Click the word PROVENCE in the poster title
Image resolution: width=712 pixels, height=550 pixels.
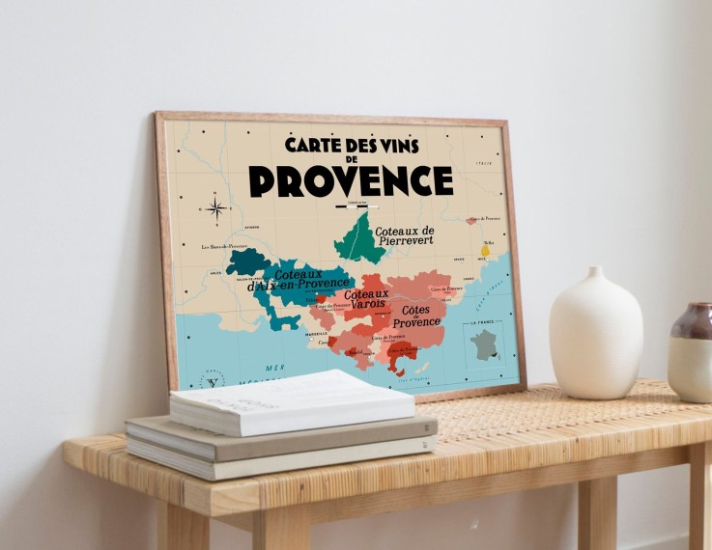(351, 180)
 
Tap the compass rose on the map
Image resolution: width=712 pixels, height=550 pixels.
(216, 207)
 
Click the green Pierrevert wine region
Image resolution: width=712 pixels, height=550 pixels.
(356, 240)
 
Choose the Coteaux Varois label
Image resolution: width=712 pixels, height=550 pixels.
(367, 299)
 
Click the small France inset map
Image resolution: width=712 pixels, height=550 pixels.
(484, 344)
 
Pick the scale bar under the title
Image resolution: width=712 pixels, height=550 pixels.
(351, 205)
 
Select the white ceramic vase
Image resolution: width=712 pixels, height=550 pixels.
(596, 333)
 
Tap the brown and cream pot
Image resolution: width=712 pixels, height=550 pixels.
(692, 352)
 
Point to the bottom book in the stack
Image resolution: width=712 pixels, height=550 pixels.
(280, 455)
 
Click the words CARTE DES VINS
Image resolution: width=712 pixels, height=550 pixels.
(351, 145)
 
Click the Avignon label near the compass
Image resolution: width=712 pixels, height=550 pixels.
(252, 228)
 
